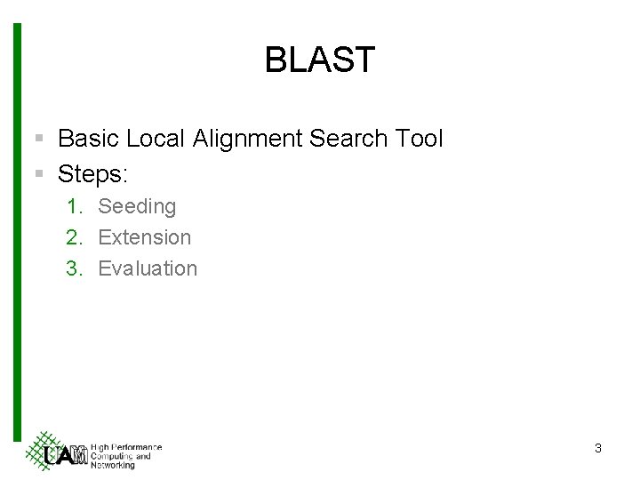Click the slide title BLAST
[x=320, y=60]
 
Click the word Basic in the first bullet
[x=88, y=138]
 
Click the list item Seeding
[x=137, y=207]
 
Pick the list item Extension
[x=144, y=237]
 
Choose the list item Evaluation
[x=148, y=268]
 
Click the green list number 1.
[x=74, y=206]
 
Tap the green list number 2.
[x=74, y=237]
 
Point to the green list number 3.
[x=74, y=268]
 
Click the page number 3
[x=597, y=449]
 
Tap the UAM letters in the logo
[x=65, y=455]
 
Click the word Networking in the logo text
[x=113, y=465]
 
